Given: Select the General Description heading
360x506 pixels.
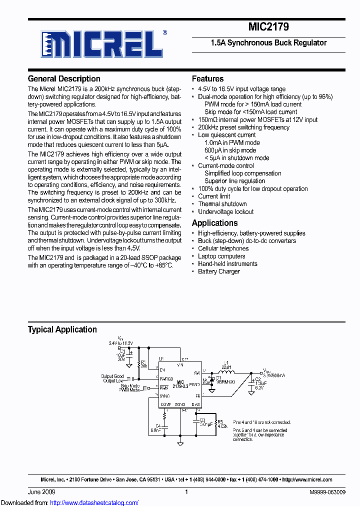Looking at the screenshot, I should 64,78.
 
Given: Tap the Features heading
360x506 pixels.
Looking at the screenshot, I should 207,78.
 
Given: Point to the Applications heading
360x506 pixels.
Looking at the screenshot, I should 214,223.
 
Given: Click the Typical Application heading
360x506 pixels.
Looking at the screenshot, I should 62,329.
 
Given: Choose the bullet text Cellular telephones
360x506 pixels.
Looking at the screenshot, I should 223,248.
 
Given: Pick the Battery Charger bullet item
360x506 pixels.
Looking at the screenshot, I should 218,271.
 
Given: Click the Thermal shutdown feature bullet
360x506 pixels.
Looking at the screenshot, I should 222,204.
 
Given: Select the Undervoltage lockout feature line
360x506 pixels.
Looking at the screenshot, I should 225,211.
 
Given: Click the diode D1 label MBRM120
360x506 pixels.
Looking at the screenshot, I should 225,381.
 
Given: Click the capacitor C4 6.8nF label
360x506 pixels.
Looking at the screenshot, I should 155,427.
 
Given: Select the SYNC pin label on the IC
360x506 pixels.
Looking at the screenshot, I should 165,395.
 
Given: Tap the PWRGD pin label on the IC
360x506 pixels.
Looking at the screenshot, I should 166,379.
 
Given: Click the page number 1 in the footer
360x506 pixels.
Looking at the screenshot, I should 186,492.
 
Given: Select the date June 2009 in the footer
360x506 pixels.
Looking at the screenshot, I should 40,492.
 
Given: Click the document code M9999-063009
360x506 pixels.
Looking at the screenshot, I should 327,492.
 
